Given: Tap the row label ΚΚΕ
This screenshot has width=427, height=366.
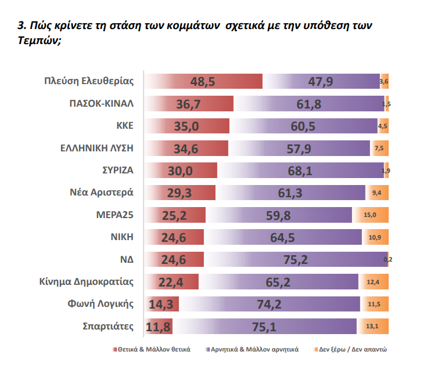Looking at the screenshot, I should click(x=125, y=126).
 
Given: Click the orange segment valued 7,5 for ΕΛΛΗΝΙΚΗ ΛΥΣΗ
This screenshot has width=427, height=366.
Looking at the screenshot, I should click(x=379, y=148).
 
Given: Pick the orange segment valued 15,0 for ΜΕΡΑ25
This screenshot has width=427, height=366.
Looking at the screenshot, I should click(x=371, y=215).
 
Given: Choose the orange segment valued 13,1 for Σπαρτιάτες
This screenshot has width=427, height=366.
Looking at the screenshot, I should click(x=372, y=327).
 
